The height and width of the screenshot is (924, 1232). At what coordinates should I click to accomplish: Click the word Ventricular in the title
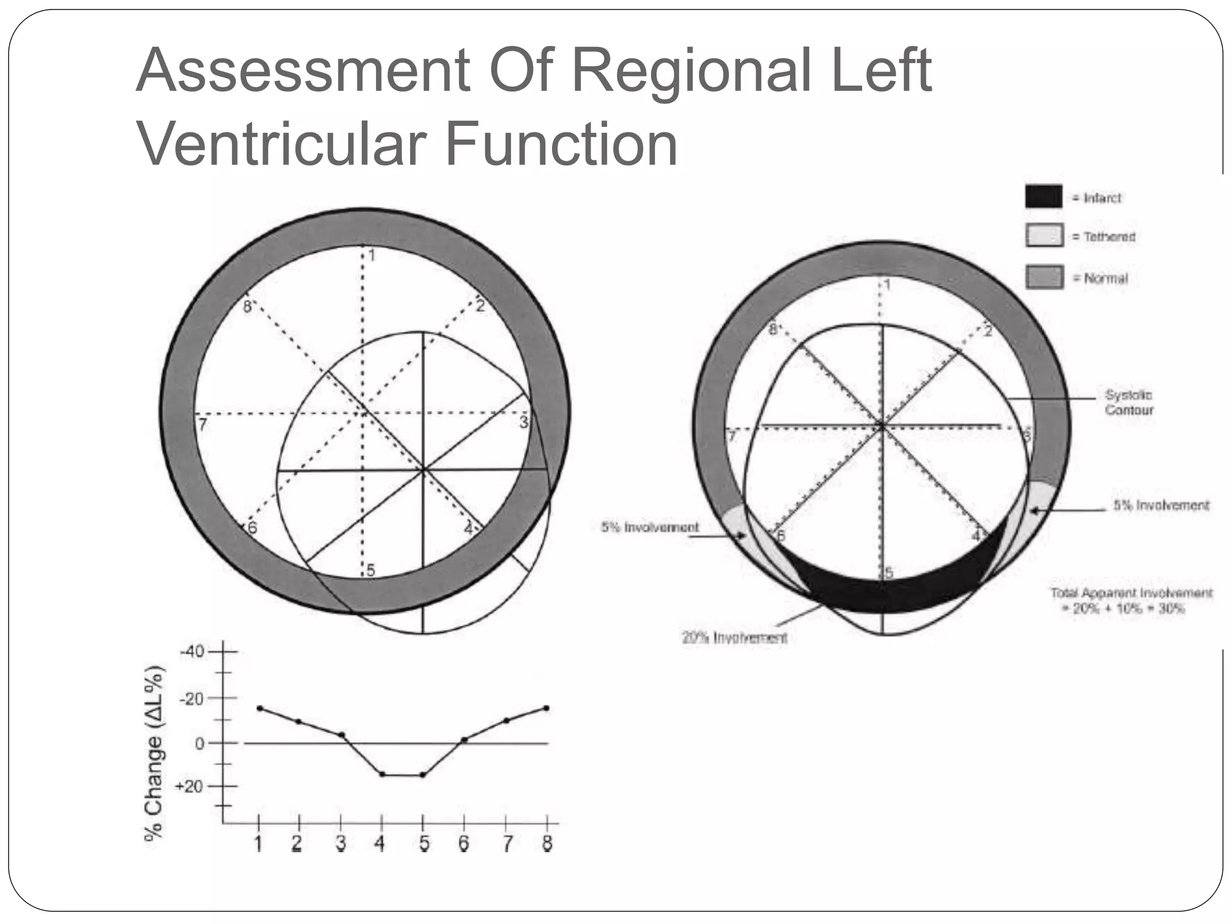pos(282,144)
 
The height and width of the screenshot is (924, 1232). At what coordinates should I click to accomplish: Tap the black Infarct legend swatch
pos(1044,197)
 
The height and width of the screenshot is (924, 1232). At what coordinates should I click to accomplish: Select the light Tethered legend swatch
pos(1044,235)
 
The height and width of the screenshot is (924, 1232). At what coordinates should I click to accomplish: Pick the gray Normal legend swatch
pos(1044,277)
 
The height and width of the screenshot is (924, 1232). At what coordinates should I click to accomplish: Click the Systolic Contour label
pos(1129,402)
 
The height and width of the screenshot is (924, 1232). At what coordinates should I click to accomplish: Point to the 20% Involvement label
pos(735,638)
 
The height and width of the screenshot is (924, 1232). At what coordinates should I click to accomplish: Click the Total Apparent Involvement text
pos(1131,600)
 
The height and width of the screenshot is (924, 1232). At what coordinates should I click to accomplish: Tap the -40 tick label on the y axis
pos(192,652)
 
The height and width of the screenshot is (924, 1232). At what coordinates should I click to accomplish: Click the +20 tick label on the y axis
pos(189,787)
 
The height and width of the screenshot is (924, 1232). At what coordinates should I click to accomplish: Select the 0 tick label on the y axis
pos(199,744)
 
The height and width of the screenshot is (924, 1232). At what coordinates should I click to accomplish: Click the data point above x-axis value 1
pos(259,709)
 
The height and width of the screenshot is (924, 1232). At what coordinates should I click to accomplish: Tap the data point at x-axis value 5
pos(422,775)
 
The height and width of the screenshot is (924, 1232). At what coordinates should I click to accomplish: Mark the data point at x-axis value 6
pos(464,740)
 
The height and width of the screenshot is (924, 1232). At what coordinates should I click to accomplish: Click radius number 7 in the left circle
pos(203,425)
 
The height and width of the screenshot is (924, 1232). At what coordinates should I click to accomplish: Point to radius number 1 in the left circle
pos(372,256)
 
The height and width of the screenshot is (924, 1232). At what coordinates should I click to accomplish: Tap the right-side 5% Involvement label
pos(1160,505)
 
